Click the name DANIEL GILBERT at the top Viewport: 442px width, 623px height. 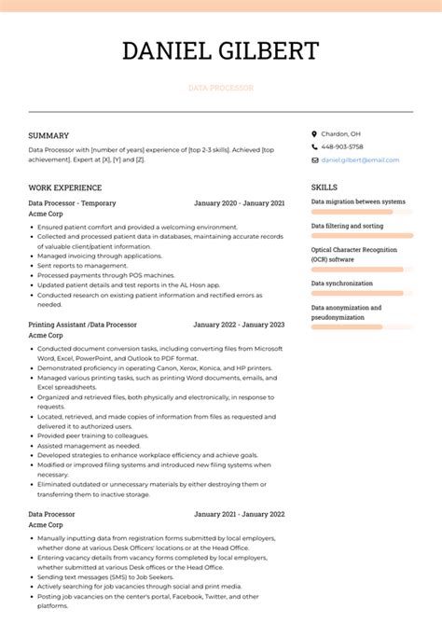220,50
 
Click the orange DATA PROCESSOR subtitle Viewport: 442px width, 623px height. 220,88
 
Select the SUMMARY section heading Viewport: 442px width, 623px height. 48,135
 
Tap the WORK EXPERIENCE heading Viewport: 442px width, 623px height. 65,187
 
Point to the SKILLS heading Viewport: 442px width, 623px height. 325,187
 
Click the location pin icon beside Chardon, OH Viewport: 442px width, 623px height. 314,134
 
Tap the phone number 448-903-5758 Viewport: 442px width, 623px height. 342,147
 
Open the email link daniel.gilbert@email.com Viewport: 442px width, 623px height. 359,160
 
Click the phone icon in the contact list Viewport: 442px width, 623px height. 314,147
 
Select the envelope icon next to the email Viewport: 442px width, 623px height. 314,160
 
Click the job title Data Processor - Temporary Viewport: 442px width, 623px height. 72,201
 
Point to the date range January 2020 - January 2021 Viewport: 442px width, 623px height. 239,201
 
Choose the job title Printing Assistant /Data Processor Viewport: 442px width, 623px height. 82,325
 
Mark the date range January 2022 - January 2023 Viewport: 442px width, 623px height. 239,325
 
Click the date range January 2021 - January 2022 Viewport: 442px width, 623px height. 239,514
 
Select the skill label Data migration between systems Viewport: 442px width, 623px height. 358,201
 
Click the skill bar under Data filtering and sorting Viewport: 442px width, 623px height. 362,237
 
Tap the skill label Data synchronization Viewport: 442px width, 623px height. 341,283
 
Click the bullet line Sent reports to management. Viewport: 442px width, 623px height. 82,266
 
